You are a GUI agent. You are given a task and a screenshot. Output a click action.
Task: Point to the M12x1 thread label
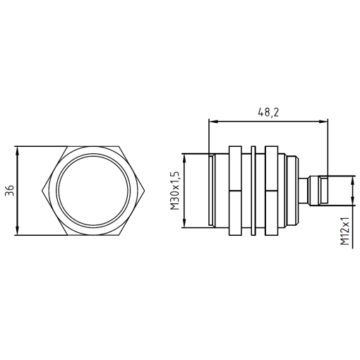pos(345,232)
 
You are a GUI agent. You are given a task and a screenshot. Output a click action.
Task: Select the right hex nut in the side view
pos(271,191)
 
